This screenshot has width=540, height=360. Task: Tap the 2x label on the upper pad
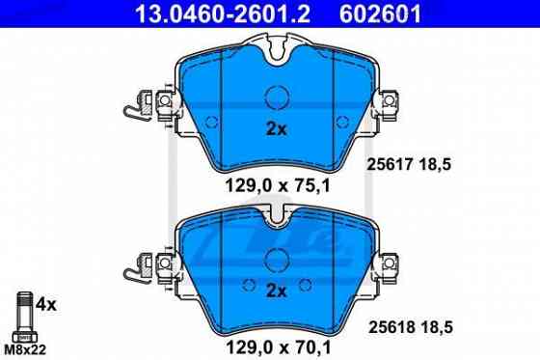[x=276, y=129]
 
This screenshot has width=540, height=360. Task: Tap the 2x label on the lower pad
[x=276, y=290]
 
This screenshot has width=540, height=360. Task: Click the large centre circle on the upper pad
[x=276, y=97]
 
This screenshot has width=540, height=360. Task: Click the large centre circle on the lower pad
[x=276, y=258]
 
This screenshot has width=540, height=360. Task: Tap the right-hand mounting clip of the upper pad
[x=390, y=100]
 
